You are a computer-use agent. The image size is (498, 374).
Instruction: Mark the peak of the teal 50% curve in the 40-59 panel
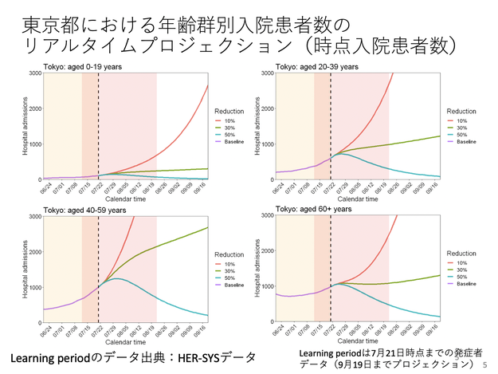click(x=116, y=278)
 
